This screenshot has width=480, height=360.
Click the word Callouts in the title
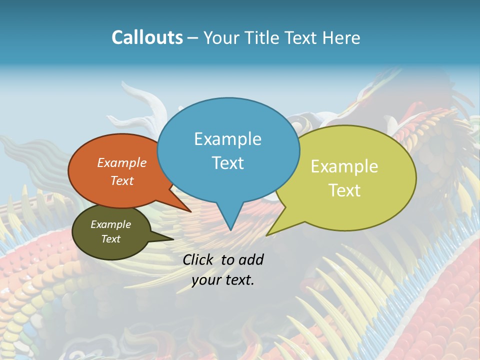[147, 37]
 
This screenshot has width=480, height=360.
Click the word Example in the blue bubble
[227, 139]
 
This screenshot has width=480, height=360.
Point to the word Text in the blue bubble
[227, 163]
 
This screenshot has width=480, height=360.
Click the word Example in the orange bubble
[121, 162]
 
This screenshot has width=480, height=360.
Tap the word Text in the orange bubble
[121, 180]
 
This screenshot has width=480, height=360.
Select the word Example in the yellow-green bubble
[344, 166]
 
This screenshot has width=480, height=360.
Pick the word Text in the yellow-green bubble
[344, 190]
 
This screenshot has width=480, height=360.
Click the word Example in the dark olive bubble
[110, 224]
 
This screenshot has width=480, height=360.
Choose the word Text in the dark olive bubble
[110, 239]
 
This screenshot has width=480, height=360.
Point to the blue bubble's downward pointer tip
[230, 229]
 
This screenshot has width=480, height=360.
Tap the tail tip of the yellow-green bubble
[267, 234]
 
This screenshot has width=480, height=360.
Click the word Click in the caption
[198, 259]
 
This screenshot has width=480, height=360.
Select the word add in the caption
[251, 259]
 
